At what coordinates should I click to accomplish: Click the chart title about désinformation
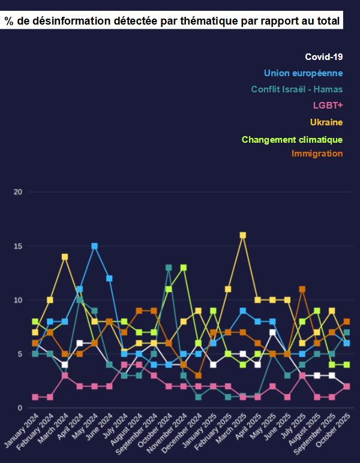click(172, 22)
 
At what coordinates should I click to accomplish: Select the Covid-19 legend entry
click(323, 57)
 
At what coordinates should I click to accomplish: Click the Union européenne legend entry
click(303, 73)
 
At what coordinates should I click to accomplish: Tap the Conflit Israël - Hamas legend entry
click(297, 89)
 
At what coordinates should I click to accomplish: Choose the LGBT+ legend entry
click(328, 106)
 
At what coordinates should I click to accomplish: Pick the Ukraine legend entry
click(326, 122)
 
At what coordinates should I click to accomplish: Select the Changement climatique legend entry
click(292, 140)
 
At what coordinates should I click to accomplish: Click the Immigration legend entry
click(317, 154)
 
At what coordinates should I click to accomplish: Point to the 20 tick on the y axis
click(18, 192)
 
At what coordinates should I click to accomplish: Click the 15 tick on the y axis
click(18, 246)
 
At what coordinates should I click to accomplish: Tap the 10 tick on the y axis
click(18, 300)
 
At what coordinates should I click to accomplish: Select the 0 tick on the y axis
click(20, 408)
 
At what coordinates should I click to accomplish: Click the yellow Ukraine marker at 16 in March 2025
click(243, 235)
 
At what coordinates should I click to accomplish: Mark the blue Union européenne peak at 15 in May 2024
click(94, 246)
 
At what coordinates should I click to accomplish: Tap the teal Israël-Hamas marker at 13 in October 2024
click(169, 267)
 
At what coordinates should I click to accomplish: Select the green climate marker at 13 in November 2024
click(184, 267)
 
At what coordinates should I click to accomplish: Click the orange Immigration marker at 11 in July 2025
click(302, 289)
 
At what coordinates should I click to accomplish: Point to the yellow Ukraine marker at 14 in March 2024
click(65, 257)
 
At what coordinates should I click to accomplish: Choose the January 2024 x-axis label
click(21, 433)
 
